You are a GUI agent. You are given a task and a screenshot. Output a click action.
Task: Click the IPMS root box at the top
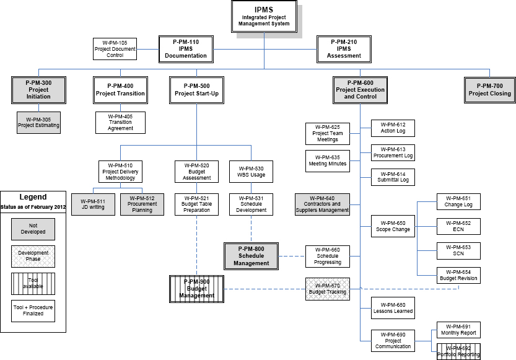pos(264,17)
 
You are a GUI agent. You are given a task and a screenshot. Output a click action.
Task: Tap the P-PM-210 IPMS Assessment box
pos(344,48)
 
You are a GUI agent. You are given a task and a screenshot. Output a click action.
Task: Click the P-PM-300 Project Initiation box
pos(38,89)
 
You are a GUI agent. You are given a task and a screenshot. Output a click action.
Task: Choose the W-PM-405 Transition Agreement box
pos(121,122)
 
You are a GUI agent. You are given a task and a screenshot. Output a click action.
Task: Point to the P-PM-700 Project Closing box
pos(489,89)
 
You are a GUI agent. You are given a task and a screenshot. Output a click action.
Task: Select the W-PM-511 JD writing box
pos(93,204)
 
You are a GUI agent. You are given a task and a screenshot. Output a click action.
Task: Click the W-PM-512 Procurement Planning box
pos(142,204)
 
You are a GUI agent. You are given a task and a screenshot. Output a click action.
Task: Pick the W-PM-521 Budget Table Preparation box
pos(196,204)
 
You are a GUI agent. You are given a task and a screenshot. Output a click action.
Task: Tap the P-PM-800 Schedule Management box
pos(251,256)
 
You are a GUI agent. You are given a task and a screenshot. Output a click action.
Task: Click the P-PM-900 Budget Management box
pos(196,288)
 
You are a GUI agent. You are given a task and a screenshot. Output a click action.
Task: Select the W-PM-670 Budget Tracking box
pos(327,288)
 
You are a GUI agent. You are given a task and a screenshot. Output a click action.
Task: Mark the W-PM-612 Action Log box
pos(392,128)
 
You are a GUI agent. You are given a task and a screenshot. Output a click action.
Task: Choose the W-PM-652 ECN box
pos(458,226)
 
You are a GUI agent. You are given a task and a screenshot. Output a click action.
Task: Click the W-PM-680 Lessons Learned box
pos(392,308)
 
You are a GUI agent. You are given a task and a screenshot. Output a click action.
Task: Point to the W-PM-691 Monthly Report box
pos(458,328)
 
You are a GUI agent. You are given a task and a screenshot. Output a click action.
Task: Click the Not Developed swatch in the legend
pos(33,229)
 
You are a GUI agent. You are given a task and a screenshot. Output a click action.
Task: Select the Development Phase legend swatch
pos(33,256)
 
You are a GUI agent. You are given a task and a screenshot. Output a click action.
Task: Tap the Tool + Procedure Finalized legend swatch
pos(33,310)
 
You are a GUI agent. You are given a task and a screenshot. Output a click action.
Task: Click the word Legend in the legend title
pos(33,197)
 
